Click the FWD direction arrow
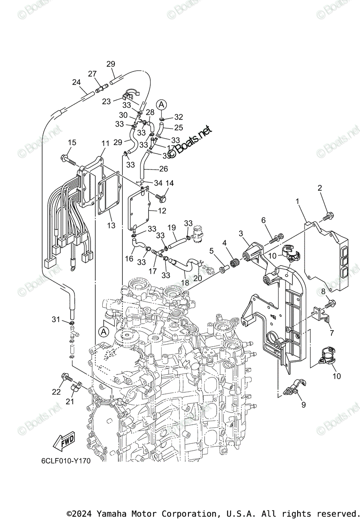pos(63,442)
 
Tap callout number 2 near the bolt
pos(320,188)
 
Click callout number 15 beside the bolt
pos(71,143)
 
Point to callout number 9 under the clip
pos(303,405)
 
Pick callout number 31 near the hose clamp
pos(55,319)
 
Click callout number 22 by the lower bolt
pos(56,392)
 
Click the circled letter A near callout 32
pos(161,104)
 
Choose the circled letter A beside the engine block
pos(103,331)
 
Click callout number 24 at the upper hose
pos(76,82)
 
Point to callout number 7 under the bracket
pos(331,333)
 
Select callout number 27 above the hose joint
pos(92,74)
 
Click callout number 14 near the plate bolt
pos(169,183)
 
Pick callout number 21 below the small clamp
pos(70,402)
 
